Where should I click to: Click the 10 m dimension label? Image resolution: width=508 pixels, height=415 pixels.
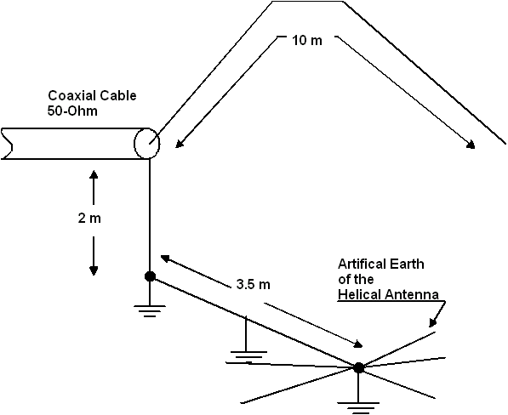307,41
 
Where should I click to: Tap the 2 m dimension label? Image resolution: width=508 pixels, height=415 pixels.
89,219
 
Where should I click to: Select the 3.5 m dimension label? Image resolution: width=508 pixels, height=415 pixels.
253,285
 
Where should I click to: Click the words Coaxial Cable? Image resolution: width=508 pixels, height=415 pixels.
93,96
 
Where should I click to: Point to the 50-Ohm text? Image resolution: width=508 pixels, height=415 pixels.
72,111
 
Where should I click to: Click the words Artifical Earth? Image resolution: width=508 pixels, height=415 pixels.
381,264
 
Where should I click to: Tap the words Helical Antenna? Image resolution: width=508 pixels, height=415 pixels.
389,294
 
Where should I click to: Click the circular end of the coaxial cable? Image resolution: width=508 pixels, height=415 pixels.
146,144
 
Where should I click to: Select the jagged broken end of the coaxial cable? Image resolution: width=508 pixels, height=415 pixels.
7,144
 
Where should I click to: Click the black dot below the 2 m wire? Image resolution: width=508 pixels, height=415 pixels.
150,276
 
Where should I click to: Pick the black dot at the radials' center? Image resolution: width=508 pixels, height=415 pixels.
358,367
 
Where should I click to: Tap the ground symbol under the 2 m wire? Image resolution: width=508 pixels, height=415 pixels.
150,310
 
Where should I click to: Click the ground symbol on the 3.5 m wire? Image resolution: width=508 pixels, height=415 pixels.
248,356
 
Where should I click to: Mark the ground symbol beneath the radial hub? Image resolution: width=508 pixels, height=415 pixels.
358,408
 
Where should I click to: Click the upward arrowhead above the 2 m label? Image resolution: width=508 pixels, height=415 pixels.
94,175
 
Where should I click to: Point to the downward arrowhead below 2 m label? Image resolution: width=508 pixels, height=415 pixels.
94,270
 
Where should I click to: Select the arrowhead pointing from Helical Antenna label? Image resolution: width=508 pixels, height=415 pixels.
432,323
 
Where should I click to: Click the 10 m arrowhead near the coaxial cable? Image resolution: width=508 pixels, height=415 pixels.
180,144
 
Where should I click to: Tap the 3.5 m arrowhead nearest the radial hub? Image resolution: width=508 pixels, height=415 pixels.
357,344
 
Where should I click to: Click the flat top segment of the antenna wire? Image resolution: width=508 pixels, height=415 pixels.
307,2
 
